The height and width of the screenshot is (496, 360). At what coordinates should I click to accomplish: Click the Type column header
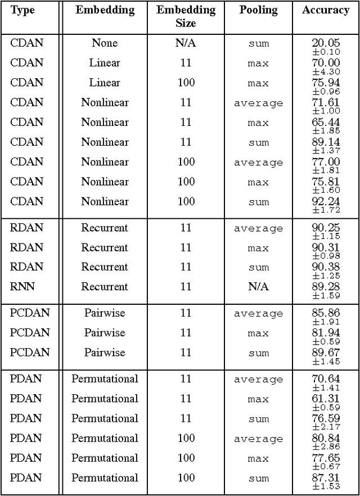point(22,10)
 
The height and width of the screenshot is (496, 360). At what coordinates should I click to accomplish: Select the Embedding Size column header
point(186,17)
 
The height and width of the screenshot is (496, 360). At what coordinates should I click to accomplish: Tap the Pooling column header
point(258,10)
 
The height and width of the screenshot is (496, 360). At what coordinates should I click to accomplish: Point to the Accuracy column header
point(326,10)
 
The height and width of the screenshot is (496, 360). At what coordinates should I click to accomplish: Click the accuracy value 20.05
point(326,43)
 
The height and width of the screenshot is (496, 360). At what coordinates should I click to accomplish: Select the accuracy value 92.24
point(326,201)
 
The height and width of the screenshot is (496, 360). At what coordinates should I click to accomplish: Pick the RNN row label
point(22,287)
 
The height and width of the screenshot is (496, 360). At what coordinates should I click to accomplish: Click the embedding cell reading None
point(105,43)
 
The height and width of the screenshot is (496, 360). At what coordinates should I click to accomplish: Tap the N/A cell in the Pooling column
point(258,287)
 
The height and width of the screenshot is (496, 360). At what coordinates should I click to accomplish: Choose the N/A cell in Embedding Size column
point(186,43)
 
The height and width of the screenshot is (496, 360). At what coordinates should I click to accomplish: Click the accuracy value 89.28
point(326,286)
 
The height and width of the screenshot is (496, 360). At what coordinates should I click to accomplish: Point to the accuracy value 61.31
point(326,398)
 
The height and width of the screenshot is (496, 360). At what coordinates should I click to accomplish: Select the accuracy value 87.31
point(326,477)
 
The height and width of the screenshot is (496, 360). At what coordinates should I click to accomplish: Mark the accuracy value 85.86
point(326,313)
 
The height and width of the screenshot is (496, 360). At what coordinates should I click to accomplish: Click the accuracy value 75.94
point(326,82)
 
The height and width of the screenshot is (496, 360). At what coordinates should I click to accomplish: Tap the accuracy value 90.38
point(326,267)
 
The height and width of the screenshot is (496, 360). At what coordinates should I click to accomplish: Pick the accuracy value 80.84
point(326,438)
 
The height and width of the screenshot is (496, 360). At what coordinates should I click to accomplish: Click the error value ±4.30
point(326,72)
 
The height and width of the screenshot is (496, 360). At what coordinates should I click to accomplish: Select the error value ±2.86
point(326,447)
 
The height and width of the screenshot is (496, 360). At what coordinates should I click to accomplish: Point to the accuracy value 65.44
point(326,121)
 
